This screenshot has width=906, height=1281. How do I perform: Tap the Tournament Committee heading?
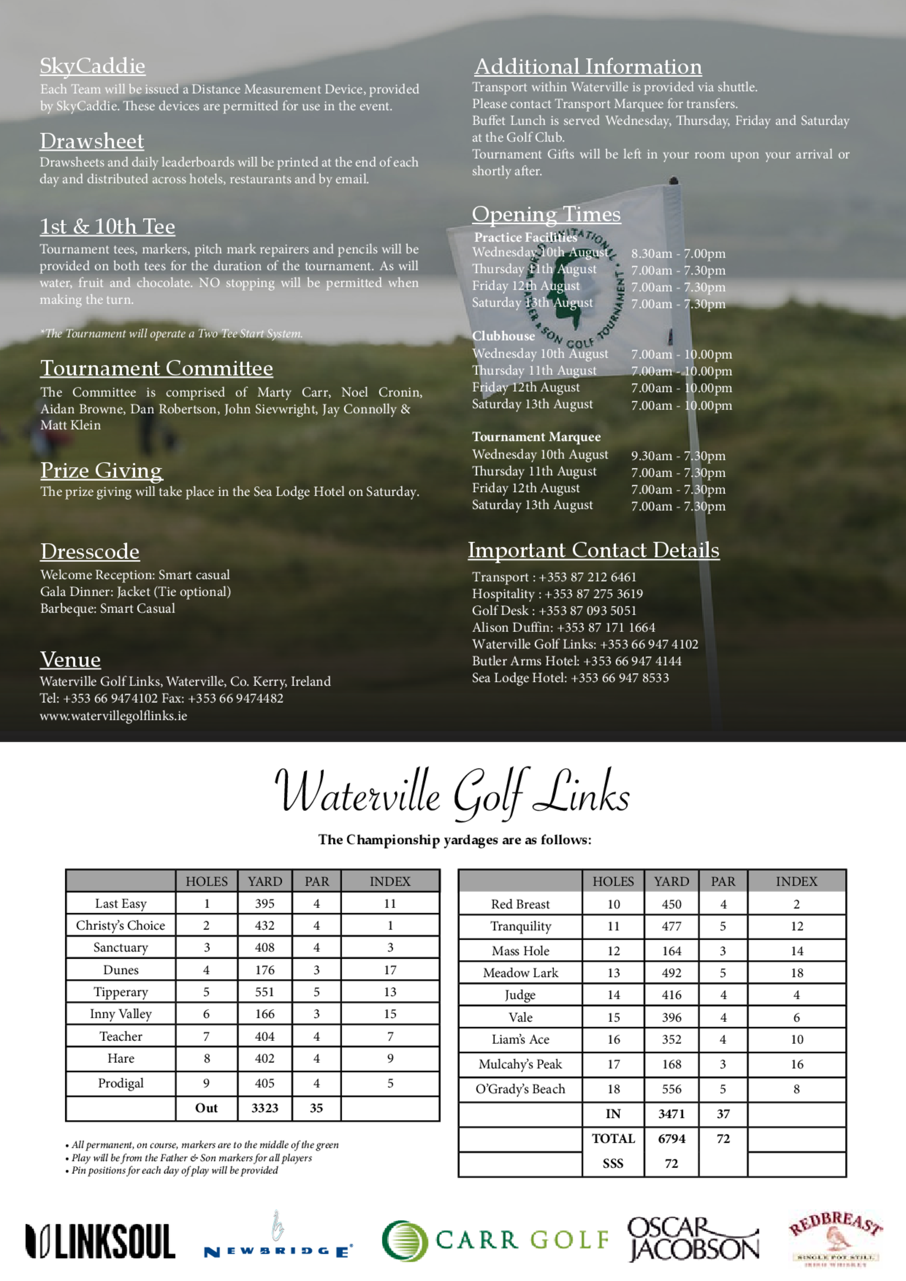tap(156, 368)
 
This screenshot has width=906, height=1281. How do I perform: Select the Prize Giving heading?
tap(101, 470)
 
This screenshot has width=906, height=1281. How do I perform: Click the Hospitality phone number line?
tap(557, 594)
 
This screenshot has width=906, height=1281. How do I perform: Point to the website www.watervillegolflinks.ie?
tap(113, 716)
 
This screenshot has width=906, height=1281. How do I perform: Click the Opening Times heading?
tap(546, 214)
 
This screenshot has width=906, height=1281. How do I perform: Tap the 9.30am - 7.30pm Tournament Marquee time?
tap(678, 456)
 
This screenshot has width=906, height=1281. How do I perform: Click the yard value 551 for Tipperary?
tap(265, 992)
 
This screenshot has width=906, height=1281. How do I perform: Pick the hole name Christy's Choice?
tap(120, 926)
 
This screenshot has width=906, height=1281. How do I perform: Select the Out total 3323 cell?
tap(265, 1108)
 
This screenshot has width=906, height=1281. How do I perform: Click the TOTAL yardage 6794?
tap(671, 1139)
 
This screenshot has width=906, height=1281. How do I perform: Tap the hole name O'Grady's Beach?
tap(520, 1089)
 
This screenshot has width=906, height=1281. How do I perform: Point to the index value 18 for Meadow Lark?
tap(796, 973)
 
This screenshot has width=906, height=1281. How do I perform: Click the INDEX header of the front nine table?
tap(390, 882)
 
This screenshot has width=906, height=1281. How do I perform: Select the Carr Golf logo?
tap(495, 1240)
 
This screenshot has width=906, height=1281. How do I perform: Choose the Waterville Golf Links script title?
tap(452, 793)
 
